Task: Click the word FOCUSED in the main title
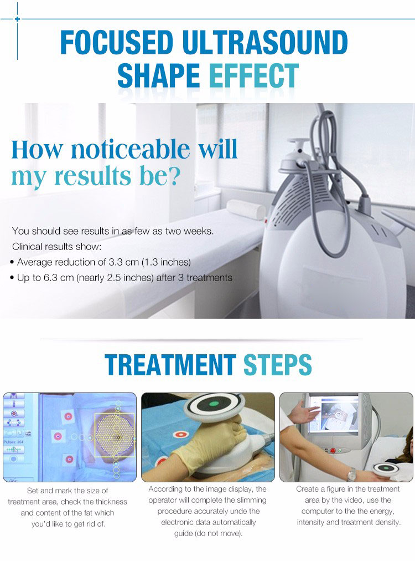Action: [x=116, y=42]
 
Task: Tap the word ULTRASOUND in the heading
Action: [x=264, y=42]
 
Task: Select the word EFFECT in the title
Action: [x=253, y=75]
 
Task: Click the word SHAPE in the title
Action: [x=158, y=75]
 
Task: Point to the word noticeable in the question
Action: [x=131, y=149]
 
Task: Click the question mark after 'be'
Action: [x=174, y=176]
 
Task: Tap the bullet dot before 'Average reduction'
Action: [x=12, y=262]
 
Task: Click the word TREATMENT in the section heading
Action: [x=170, y=365]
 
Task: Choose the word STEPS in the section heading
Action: [x=278, y=365]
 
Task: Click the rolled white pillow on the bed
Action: [x=246, y=209]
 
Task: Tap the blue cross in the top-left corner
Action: [x=17, y=19]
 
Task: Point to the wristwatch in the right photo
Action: [x=351, y=475]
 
